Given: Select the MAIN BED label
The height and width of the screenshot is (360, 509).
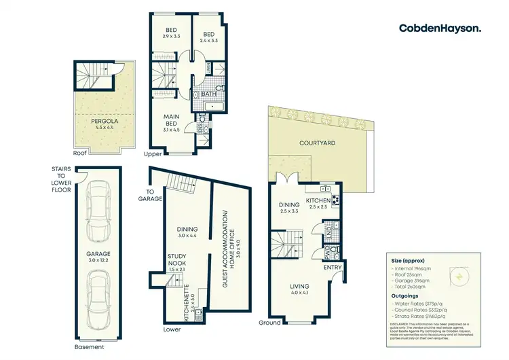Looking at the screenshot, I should [172, 120].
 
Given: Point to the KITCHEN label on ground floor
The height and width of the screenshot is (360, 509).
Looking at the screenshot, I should [318, 201].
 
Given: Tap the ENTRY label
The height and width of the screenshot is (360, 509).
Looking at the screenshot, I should [333, 268].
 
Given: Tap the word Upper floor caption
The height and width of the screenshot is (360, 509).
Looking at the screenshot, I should [153, 154].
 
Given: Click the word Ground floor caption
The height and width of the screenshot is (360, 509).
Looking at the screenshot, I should [269, 323].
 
